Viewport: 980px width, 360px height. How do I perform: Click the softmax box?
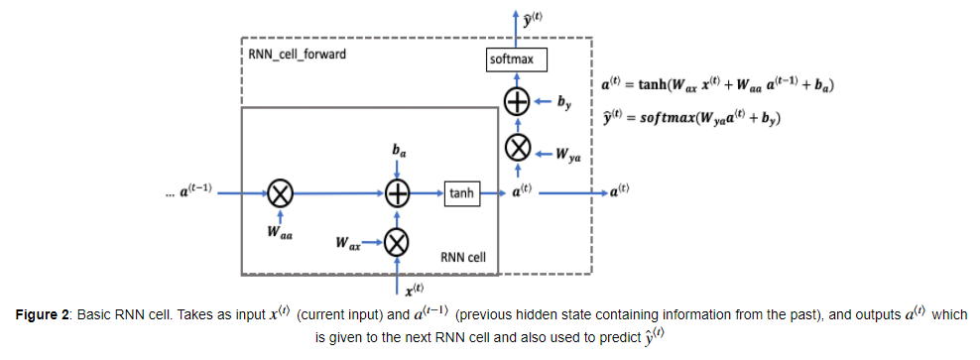click(517, 60)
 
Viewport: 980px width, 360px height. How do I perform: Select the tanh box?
click(463, 194)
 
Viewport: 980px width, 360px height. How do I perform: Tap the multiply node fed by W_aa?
click(280, 194)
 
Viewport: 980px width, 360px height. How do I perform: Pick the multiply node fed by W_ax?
click(397, 243)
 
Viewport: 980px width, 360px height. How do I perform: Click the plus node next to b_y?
click(518, 102)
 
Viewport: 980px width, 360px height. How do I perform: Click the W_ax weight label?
click(347, 243)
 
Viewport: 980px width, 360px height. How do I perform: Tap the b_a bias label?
click(398, 152)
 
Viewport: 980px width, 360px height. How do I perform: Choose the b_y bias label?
click(564, 102)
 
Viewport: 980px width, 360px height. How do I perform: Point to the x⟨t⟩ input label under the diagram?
click(415, 290)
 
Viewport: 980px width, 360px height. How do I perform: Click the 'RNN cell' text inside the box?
click(463, 256)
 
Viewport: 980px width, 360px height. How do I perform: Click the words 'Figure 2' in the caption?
click(43, 313)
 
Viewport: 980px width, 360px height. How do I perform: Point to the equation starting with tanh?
click(714, 86)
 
